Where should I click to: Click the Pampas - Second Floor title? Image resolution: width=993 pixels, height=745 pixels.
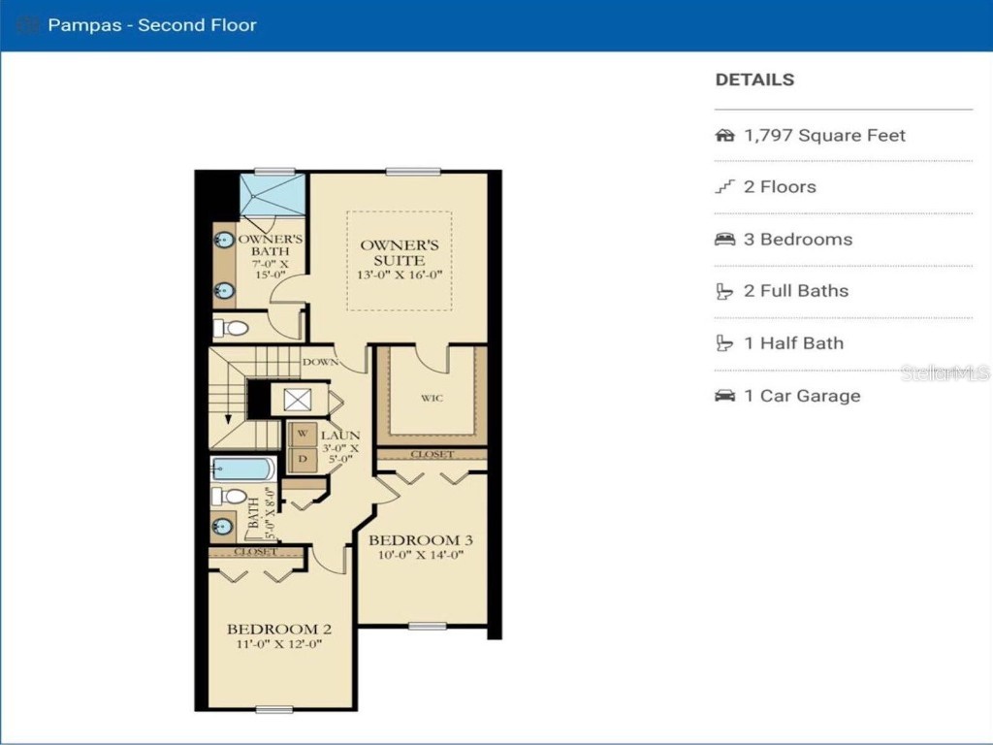[151, 25]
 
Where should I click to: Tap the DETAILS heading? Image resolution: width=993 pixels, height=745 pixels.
[754, 81]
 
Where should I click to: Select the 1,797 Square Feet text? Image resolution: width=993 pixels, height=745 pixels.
[824, 136]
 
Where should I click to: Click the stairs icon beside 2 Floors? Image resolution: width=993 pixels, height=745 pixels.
[724, 187]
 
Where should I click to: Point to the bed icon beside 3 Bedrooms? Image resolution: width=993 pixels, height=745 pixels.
[724, 240]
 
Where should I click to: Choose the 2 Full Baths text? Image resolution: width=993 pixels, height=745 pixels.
[796, 291]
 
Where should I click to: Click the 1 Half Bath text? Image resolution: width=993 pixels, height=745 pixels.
[793, 343]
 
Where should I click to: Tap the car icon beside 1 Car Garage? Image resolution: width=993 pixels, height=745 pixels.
[724, 396]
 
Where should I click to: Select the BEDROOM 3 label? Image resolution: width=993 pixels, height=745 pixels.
[421, 540]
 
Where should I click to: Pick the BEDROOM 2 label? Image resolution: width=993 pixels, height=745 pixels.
[272, 629]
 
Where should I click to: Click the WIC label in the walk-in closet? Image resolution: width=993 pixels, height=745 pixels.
[432, 398]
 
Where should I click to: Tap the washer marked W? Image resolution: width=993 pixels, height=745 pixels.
[302, 433]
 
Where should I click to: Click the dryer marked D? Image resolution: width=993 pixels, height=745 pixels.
[302, 458]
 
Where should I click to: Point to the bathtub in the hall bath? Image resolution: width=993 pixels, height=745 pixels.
[243, 470]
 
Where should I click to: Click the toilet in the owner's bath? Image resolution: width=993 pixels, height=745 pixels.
[232, 328]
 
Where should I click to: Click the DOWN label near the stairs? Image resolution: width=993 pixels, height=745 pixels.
[320, 363]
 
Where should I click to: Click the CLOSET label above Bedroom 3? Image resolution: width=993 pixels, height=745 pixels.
[432, 454]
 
